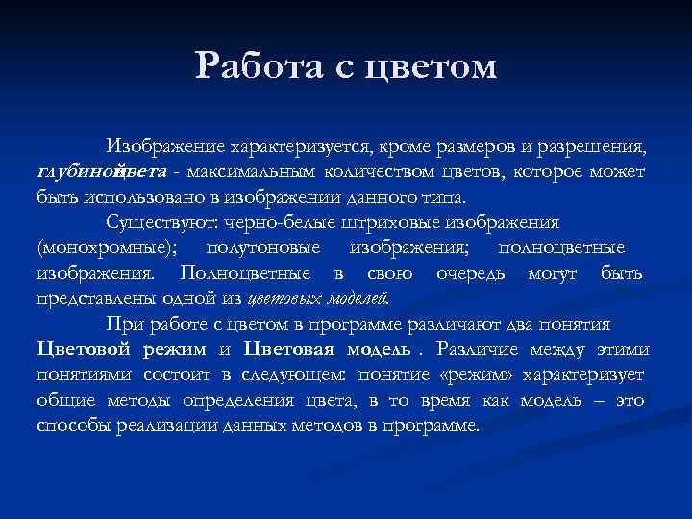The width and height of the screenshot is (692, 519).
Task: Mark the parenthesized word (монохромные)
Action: pos(107,248)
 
